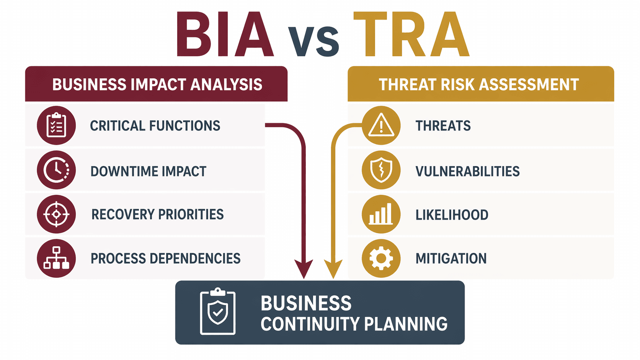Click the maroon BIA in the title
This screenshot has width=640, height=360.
225,35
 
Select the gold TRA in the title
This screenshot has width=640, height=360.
411,35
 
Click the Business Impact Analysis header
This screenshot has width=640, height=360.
157,84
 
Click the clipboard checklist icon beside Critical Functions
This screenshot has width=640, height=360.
56,125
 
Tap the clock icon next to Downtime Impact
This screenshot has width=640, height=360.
56,170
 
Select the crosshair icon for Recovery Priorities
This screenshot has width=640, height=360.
56,214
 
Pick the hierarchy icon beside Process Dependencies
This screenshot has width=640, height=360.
56,258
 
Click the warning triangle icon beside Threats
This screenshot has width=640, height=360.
381,125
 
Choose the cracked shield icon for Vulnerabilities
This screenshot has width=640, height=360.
381,170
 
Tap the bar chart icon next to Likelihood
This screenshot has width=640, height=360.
381,214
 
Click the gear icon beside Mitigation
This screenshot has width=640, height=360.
381,258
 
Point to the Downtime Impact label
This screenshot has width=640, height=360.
148,171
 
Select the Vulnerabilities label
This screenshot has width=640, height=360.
467,171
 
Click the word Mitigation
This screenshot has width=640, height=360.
451,259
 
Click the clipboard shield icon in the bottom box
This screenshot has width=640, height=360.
217,312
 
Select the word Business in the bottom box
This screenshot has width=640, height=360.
306,303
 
